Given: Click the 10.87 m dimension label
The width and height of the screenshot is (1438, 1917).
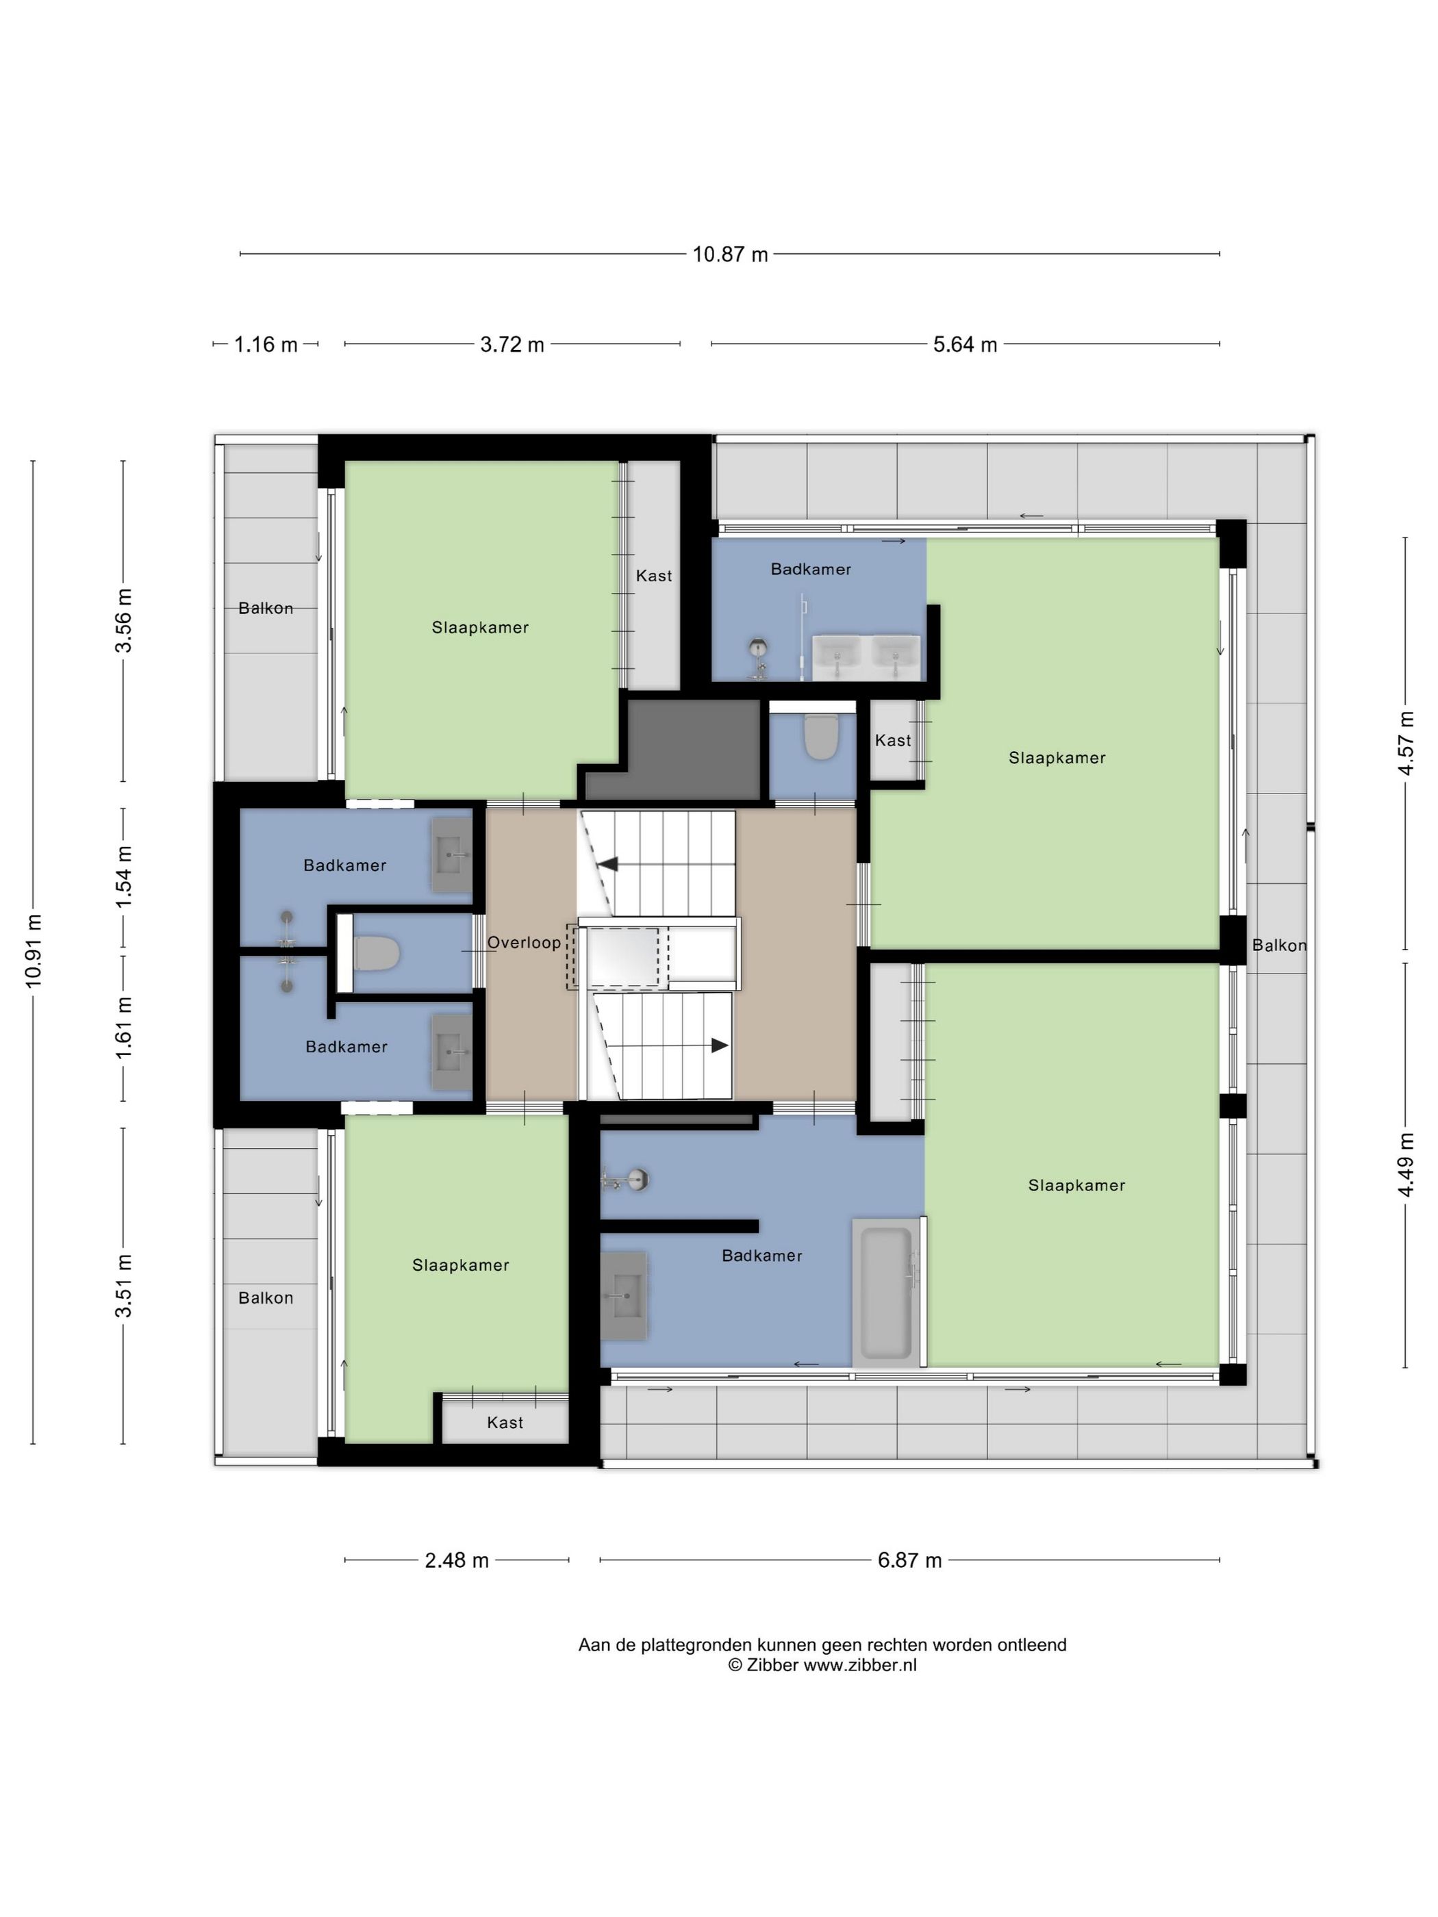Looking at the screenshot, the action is (x=730, y=254).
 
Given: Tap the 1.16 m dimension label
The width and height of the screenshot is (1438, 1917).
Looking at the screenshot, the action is (x=265, y=344).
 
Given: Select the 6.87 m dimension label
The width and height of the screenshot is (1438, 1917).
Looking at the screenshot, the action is (x=909, y=1560).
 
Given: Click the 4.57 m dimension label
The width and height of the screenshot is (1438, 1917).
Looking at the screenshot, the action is (x=1405, y=743).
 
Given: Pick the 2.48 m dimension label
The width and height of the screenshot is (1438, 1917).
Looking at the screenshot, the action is (x=457, y=1560).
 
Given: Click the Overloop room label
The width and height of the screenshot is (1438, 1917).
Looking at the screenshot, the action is (x=524, y=942).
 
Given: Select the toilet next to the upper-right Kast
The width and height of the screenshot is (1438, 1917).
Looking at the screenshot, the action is (x=820, y=737).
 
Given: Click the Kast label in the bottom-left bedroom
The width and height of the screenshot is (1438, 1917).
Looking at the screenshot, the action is (x=505, y=1422).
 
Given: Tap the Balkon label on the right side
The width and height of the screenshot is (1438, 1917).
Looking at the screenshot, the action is (x=1278, y=945).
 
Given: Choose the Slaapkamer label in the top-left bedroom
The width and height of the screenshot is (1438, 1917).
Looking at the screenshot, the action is (x=480, y=626).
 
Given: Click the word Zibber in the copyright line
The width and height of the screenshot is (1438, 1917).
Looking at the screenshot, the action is (x=772, y=1665).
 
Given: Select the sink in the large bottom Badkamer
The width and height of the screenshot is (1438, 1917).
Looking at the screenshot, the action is (x=623, y=1295).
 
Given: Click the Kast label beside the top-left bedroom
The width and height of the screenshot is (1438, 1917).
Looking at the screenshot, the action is (x=653, y=576).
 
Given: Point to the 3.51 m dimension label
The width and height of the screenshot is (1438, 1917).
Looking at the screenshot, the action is (x=124, y=1285).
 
